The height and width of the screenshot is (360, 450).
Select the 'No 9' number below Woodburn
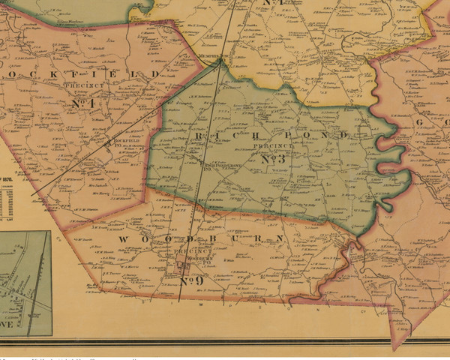[x=192, y=281]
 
